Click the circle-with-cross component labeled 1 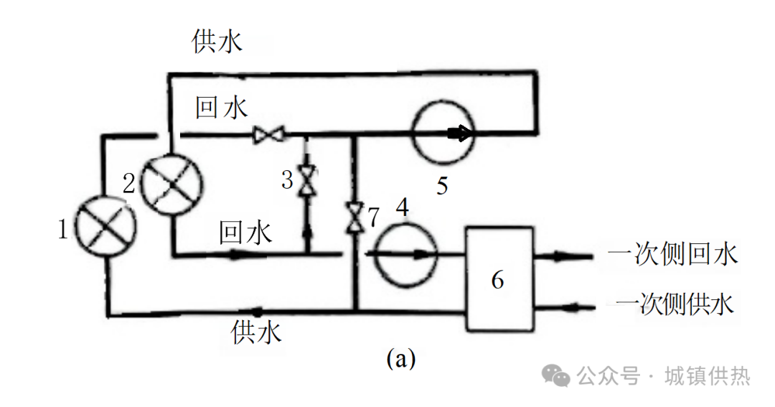[x=106, y=222]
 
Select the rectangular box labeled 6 [x=499, y=279]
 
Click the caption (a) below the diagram [x=400, y=357]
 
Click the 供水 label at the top [x=217, y=42]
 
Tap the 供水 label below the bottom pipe [x=256, y=332]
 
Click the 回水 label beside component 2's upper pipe [x=222, y=108]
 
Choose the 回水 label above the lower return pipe [x=245, y=233]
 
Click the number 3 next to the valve [x=287, y=179]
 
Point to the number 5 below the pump [x=442, y=186]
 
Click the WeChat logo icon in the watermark [x=556, y=375]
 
